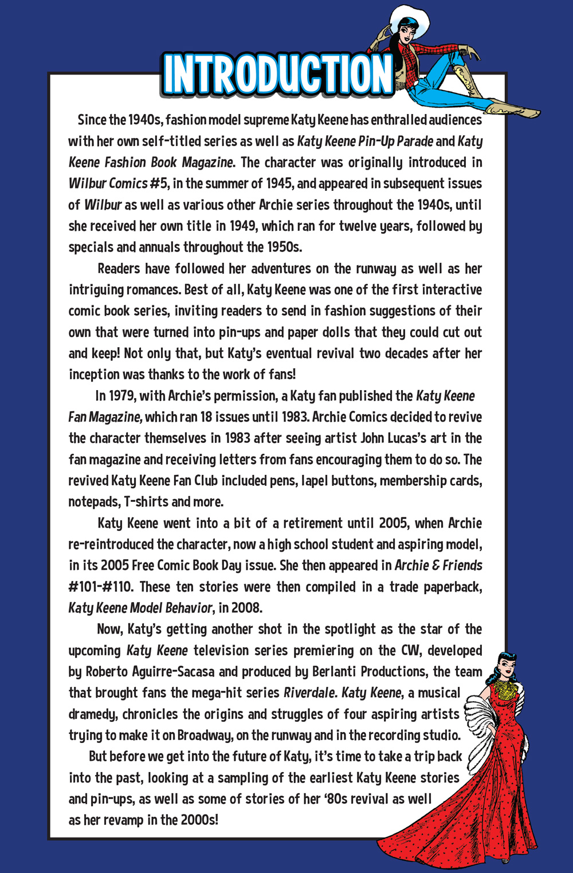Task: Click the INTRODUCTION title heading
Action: pos(277,74)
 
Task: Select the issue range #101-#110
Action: pos(100,587)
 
